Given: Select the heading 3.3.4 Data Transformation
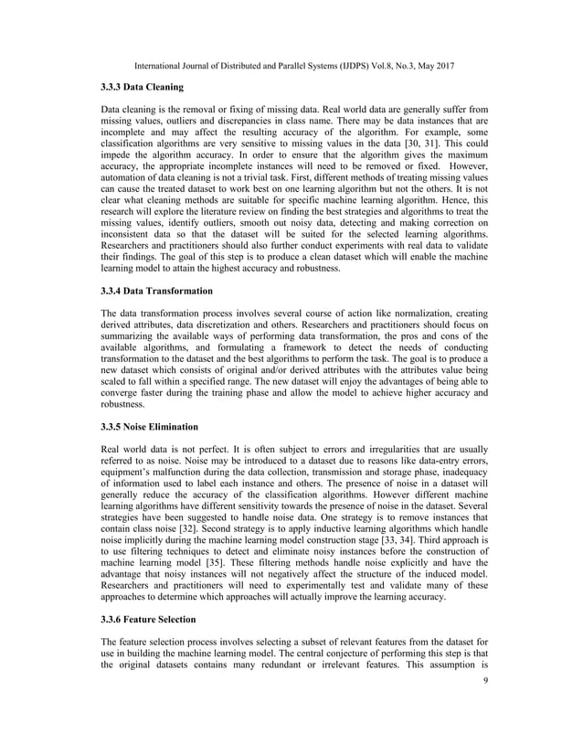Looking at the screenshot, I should (156, 291).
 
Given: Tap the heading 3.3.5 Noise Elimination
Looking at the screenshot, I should (147, 426).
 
